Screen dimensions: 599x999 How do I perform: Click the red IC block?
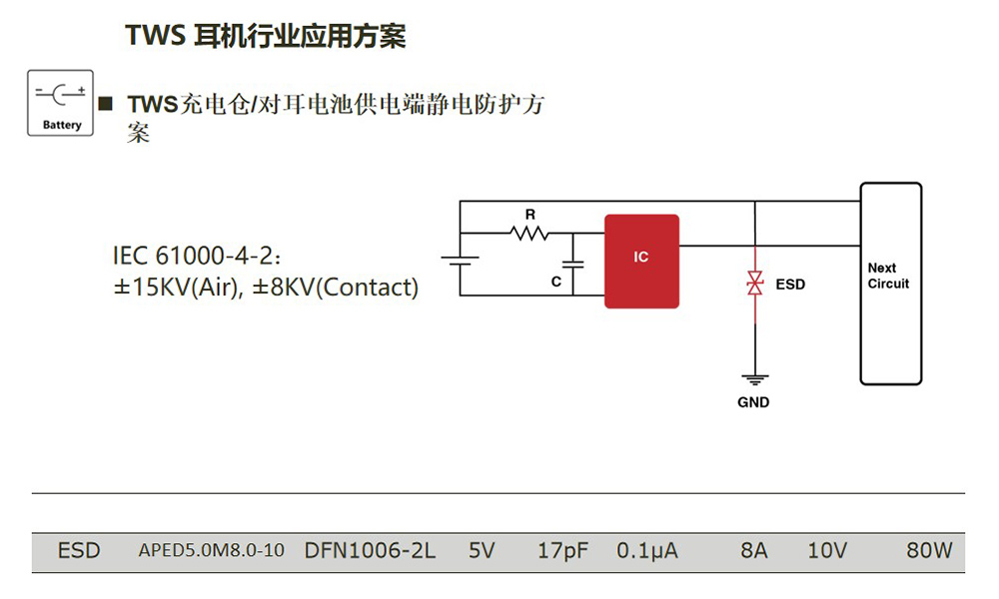click(x=641, y=261)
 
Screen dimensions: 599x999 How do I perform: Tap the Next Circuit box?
click(x=891, y=284)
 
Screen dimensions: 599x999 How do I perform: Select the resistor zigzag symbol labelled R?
click(x=529, y=234)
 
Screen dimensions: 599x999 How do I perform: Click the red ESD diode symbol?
click(x=755, y=283)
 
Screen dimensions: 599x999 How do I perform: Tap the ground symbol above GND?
click(x=754, y=380)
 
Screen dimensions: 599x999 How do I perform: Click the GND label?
click(x=753, y=402)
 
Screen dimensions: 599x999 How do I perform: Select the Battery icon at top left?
click(x=61, y=102)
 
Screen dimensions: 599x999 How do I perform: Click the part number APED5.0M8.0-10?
click(x=211, y=551)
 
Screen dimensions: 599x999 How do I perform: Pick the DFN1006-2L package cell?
click(x=370, y=551)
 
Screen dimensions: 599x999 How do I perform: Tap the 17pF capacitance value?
click(x=562, y=551)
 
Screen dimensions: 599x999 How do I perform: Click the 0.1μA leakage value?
click(x=647, y=551)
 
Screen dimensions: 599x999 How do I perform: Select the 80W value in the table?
click(x=929, y=551)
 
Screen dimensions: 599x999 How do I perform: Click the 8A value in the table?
click(x=754, y=551)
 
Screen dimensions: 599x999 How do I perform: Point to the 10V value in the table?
click(x=827, y=551)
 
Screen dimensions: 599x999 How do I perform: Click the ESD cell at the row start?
click(x=79, y=551)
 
